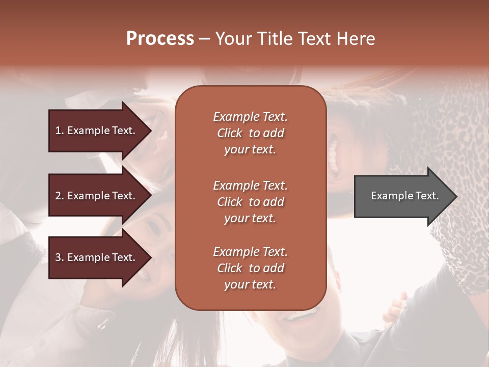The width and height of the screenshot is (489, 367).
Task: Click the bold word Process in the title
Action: [x=160, y=39]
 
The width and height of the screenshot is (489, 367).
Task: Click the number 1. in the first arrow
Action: [x=60, y=130]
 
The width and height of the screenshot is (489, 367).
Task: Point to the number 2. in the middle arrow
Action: [x=60, y=196]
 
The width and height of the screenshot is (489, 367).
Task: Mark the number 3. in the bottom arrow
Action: [x=60, y=257]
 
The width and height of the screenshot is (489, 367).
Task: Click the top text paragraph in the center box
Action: [x=250, y=133]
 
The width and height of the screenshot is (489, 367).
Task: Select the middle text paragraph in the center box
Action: [x=250, y=202]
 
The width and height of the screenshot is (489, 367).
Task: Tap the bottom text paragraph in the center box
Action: [x=250, y=268]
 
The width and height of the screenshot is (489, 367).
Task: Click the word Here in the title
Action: [x=356, y=39]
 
